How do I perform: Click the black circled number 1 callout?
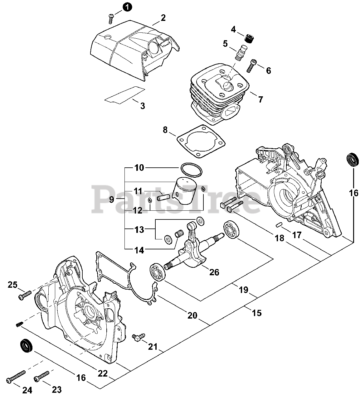click(127, 6)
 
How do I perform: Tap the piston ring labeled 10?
click(191, 170)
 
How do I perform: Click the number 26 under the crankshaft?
click(214, 272)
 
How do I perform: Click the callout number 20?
click(192, 315)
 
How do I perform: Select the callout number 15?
click(256, 313)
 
